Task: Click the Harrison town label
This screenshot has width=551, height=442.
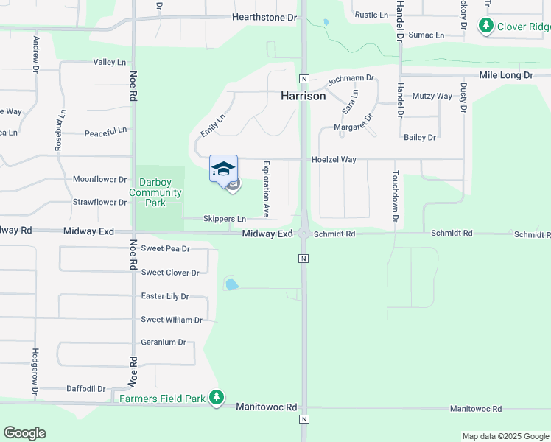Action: point(303,96)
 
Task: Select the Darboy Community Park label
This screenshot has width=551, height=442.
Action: point(155,193)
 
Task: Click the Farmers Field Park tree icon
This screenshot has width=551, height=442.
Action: point(216,398)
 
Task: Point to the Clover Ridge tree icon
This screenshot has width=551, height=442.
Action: point(485,27)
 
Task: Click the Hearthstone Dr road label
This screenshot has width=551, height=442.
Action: point(264,17)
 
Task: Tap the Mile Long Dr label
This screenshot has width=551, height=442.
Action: point(505,75)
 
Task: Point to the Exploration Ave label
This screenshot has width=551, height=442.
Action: point(266,189)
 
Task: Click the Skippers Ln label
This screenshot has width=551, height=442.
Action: point(225,219)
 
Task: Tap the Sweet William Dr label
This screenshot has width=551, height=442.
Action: point(172,320)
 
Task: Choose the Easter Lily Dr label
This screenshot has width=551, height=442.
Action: point(165,296)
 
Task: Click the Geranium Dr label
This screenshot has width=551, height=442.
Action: point(163,342)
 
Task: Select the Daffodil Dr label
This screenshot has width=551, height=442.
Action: point(86,388)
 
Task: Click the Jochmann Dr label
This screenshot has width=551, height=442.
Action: point(351,77)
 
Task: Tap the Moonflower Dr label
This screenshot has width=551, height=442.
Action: point(100,179)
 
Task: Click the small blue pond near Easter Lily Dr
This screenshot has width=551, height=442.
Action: point(231,284)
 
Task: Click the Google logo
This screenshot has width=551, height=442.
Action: point(24,433)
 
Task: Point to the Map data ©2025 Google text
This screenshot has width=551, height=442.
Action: point(505,436)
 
